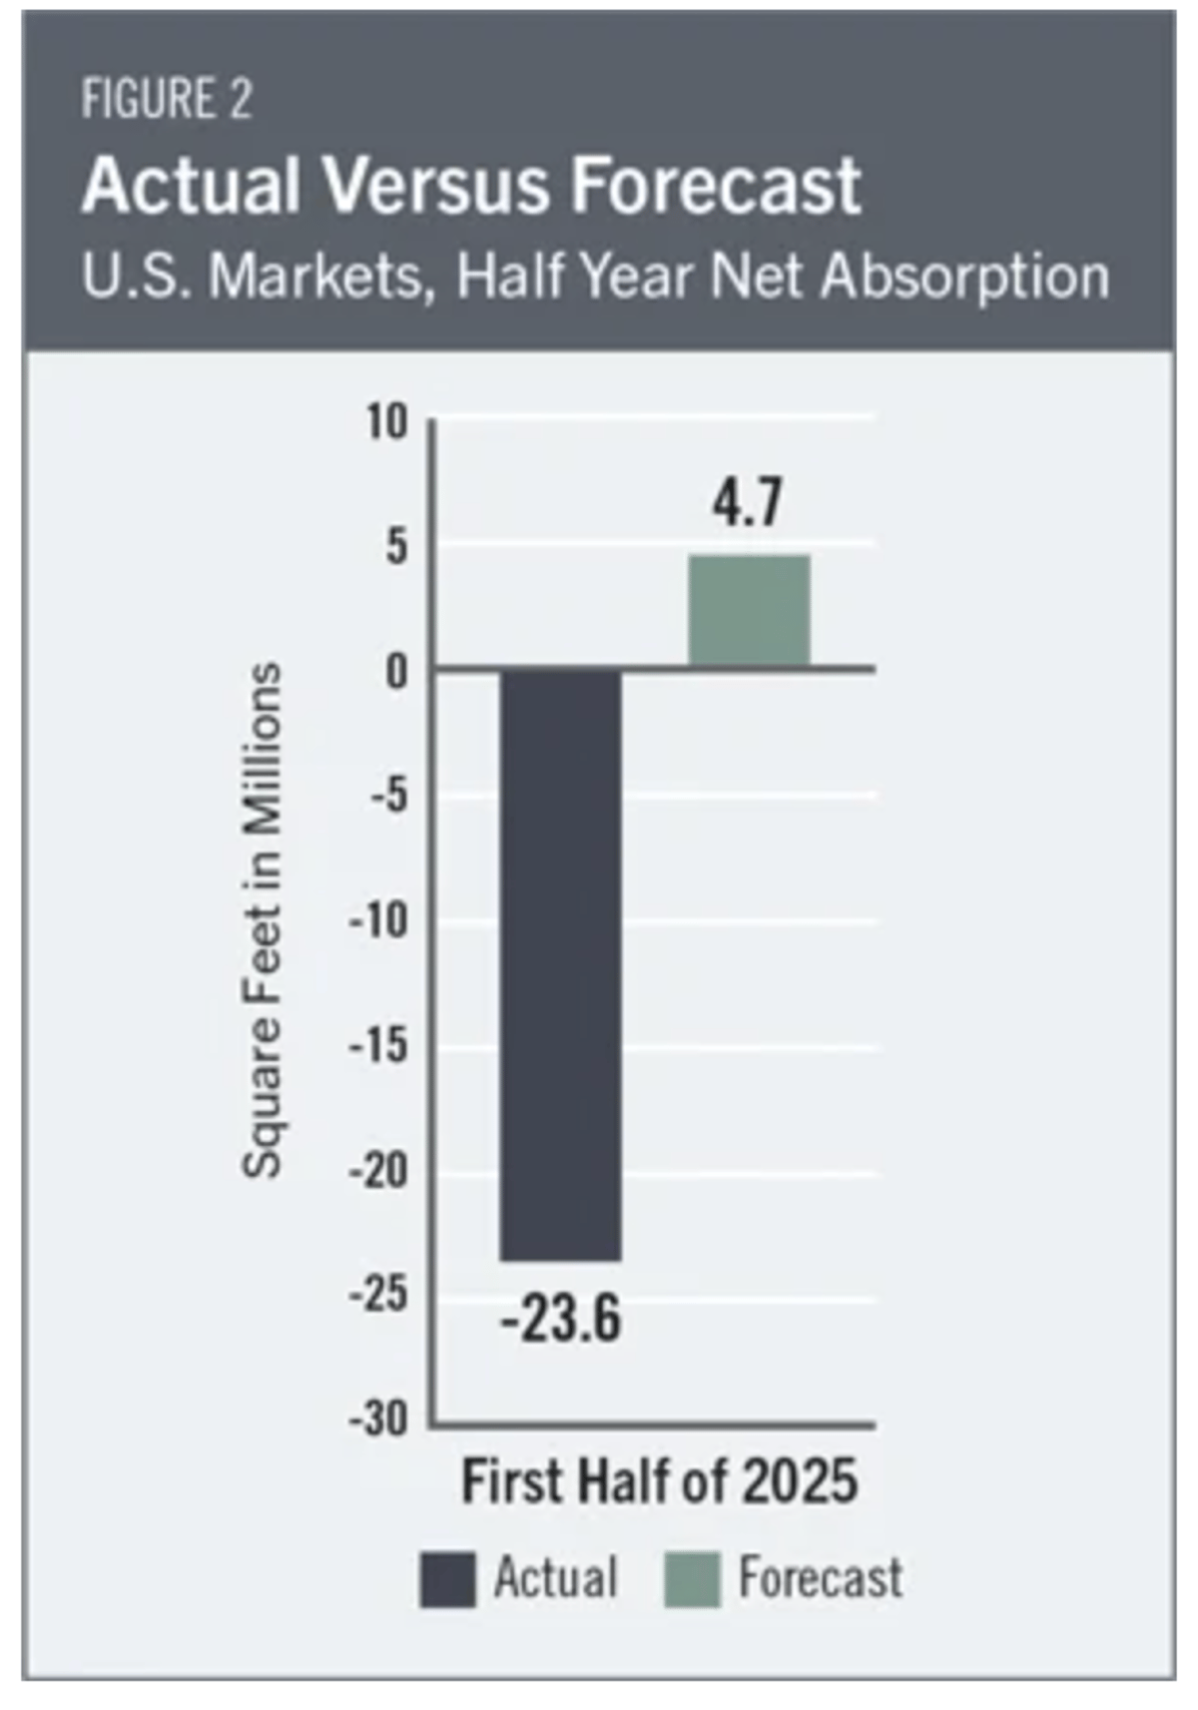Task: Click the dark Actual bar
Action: click(560, 964)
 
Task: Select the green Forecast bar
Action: click(749, 611)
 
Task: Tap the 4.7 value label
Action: click(747, 503)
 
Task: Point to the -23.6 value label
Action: click(560, 1319)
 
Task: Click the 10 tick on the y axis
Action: click(387, 423)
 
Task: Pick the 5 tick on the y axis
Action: click(397, 548)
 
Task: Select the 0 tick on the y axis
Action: click(397, 673)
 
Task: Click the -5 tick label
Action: click(388, 798)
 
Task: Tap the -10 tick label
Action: click(379, 920)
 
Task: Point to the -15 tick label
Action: click(379, 1047)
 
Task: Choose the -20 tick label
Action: click(379, 1171)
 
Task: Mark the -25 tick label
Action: click(379, 1296)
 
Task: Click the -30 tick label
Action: click(379, 1419)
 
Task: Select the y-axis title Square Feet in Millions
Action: click(263, 919)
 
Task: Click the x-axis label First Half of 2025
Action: click(659, 1481)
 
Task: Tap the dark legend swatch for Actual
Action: click(446, 1579)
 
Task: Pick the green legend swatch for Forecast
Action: click(692, 1579)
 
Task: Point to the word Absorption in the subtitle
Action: click(964, 277)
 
